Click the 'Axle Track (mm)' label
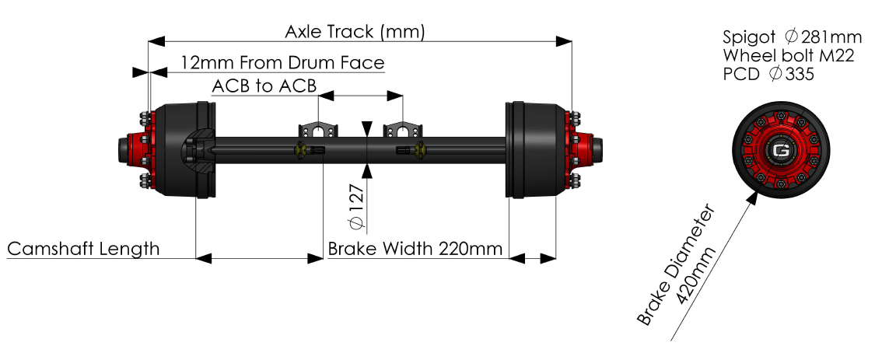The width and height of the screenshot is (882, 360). [x=355, y=32]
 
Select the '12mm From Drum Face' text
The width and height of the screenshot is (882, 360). [x=282, y=62]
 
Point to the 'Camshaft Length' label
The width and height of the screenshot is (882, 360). [x=83, y=248]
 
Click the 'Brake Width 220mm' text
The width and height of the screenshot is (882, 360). [x=415, y=249]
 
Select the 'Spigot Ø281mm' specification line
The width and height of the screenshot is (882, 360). [x=793, y=37]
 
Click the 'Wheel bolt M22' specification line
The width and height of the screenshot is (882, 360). [x=789, y=55]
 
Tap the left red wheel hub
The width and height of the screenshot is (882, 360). [x=145, y=149]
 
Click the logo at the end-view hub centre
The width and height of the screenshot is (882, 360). [x=780, y=151]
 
